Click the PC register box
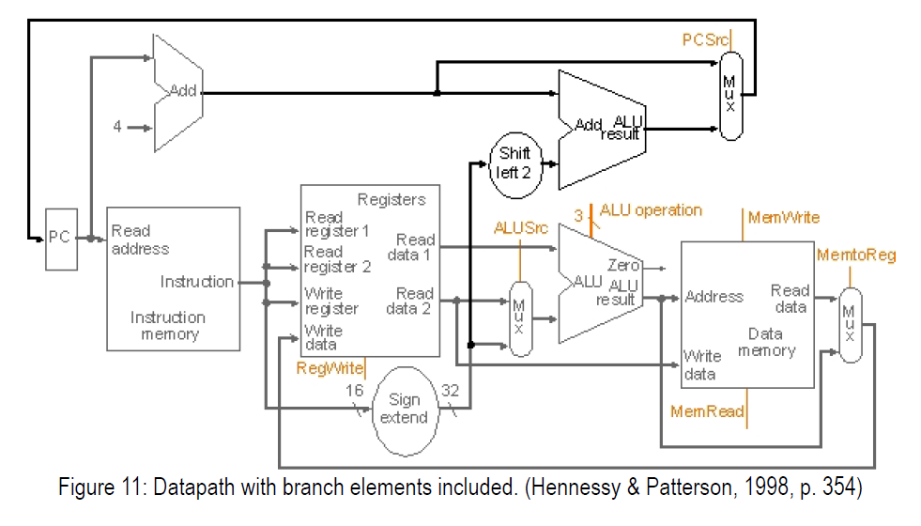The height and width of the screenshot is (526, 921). coord(60,239)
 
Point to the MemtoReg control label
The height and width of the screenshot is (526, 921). coord(856,255)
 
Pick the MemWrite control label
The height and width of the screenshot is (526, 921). coord(783,218)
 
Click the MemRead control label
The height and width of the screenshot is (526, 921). coord(707,411)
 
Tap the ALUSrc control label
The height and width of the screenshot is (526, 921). coord(520,227)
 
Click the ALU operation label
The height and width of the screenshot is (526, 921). coord(651,210)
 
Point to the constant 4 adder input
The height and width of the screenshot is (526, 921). coord(117,127)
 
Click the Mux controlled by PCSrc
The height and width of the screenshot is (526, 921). coord(730,96)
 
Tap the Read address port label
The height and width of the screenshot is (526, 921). coord(140,240)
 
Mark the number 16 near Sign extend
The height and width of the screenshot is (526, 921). coord(355,390)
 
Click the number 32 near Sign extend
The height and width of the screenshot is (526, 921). coord(450,390)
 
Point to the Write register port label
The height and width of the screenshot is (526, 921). coord(330,301)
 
